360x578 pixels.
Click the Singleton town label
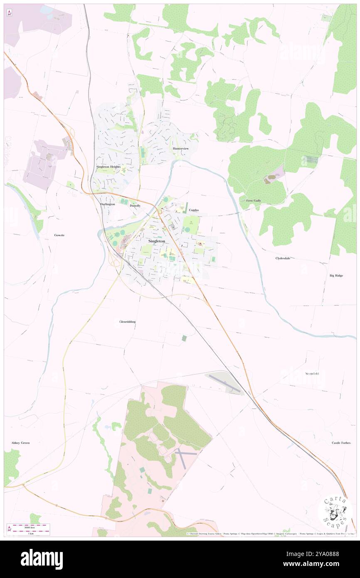pos(157,241)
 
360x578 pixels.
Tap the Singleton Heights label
pos(108,166)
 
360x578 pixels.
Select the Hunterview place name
pos(181,148)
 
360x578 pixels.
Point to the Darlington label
pos(107,205)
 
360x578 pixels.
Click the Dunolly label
pos(135,205)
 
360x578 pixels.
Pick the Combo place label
pos(194,210)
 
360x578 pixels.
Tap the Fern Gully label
pos(254,200)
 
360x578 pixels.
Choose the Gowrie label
pos(59,235)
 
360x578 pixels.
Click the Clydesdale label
pos(283,258)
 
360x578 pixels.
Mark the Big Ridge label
pos(336,275)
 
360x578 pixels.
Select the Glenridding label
pos(127,321)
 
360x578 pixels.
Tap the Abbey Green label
pos(20,443)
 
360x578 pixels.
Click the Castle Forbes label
pos(342,443)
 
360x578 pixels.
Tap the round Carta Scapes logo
pos(335,512)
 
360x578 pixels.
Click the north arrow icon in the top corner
pos(10,12)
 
